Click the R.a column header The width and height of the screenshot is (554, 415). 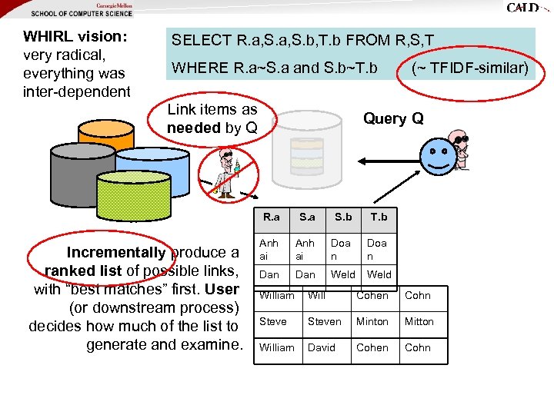point(272,217)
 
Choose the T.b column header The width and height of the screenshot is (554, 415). point(379,217)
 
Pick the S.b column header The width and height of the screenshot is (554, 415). point(342,217)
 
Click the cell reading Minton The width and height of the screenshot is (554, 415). point(372,321)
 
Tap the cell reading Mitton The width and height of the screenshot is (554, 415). point(419,321)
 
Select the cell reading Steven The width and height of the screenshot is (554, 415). point(324,321)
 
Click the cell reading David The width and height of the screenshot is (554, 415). point(322,347)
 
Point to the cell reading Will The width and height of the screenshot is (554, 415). point(316,295)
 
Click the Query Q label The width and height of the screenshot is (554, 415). point(393,118)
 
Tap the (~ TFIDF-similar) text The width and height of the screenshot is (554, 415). point(470,68)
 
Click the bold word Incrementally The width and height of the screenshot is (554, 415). point(116,252)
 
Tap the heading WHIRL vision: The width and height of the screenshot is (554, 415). point(75,36)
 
